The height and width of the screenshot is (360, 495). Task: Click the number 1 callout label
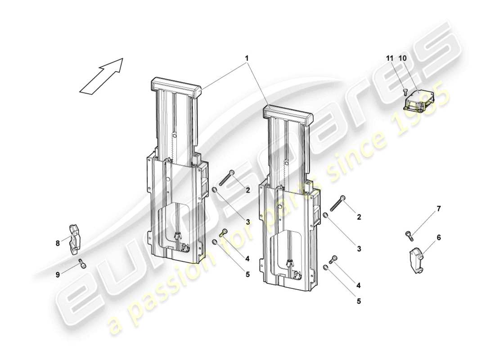[247, 58]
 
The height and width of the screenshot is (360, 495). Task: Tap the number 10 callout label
[402, 58]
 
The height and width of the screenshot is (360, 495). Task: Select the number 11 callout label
[390, 58]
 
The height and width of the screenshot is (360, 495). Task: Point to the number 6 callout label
[439, 236]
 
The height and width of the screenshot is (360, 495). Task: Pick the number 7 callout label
[439, 208]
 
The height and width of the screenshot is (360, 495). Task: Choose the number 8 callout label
[58, 243]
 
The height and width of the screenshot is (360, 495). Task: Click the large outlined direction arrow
[101, 76]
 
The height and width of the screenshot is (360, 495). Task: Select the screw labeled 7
[409, 234]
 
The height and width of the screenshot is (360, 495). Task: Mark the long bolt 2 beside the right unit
[337, 203]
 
